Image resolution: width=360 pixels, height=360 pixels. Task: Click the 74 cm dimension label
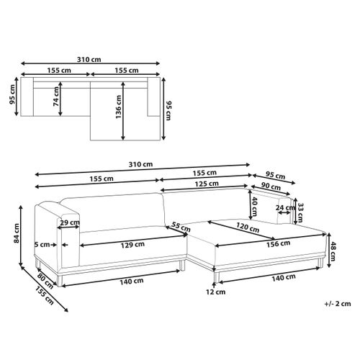(55, 96)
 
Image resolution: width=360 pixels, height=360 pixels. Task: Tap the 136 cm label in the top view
(119, 107)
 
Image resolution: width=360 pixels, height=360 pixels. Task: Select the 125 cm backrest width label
(207, 184)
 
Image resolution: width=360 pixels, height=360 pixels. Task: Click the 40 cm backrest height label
(254, 207)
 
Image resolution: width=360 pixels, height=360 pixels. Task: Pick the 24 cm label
(285, 207)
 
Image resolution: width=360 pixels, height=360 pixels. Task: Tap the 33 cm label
(300, 212)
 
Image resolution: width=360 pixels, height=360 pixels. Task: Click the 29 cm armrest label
(70, 222)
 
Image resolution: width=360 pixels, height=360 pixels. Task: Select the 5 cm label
(42, 245)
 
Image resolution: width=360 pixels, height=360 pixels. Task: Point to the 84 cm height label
(17, 233)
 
